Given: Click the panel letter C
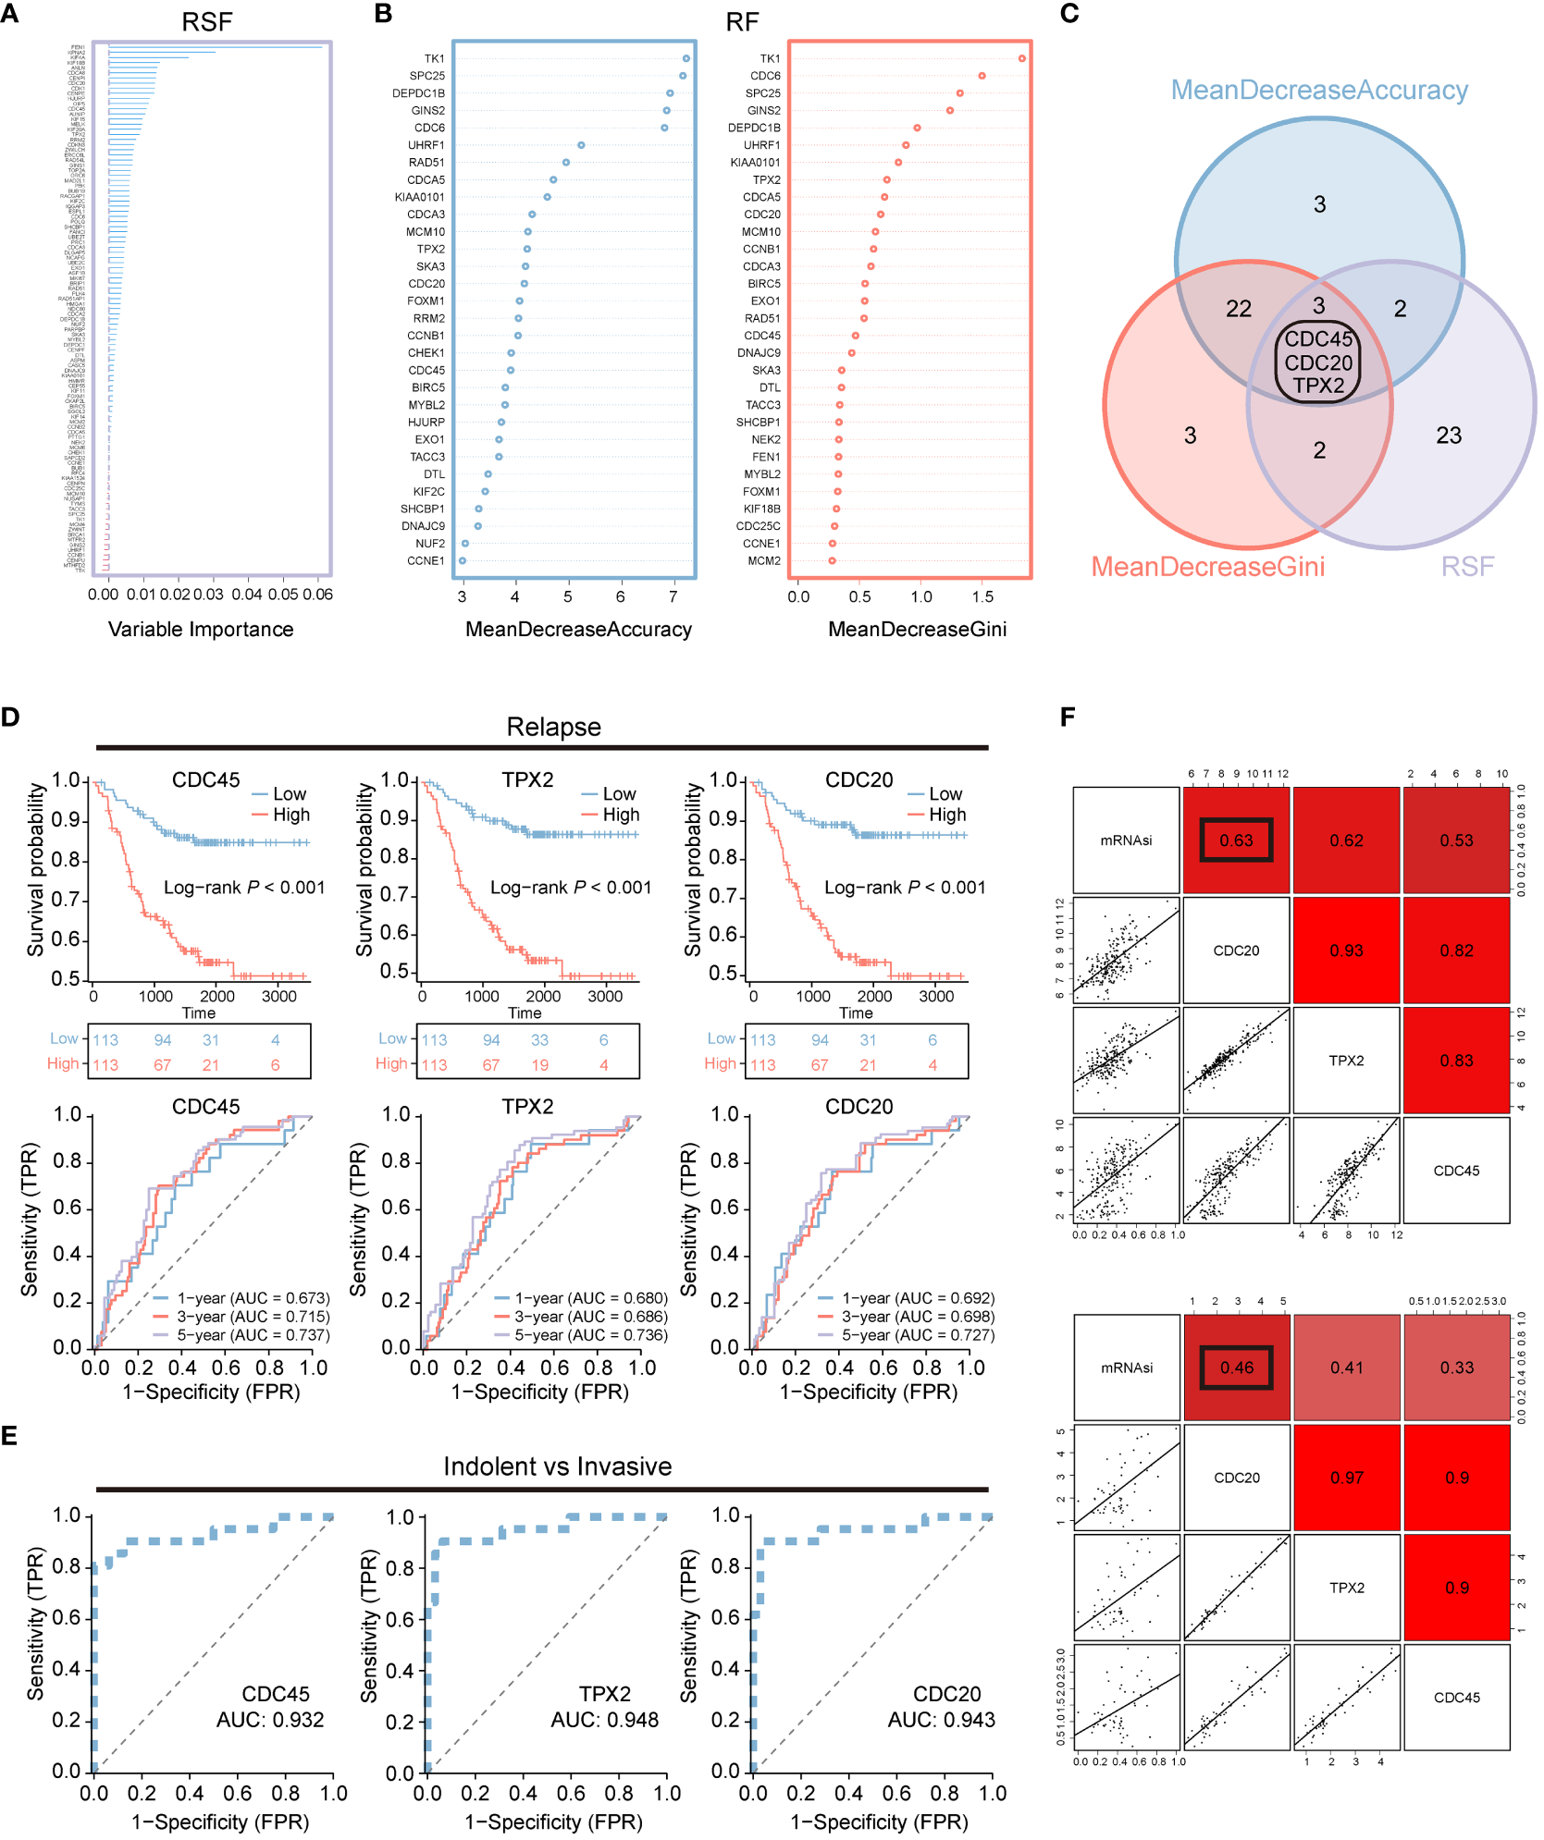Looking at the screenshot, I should (1069, 14).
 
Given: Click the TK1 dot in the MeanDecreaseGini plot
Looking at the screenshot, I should (1021, 58).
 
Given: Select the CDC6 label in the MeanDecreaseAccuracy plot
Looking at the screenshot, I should (429, 128).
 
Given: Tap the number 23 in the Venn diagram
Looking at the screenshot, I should (1449, 435).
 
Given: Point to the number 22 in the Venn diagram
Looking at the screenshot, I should (1239, 309).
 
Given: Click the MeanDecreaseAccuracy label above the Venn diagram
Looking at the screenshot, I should (1319, 90).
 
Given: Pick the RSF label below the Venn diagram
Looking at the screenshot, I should (1467, 566).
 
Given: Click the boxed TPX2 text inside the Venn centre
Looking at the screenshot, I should (1318, 386).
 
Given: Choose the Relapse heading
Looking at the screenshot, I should (553, 727).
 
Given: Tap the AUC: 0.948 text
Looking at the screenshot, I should (605, 1720).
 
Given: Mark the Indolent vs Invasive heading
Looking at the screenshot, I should (557, 1466).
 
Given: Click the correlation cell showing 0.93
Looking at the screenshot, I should (1346, 951).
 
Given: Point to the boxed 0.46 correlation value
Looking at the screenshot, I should (1236, 1368).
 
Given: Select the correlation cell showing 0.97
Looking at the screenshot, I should (1346, 1478).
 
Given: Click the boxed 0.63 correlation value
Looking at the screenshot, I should (1236, 840).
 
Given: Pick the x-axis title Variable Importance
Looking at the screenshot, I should (201, 629).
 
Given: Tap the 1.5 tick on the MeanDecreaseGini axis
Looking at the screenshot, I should (982, 596).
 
